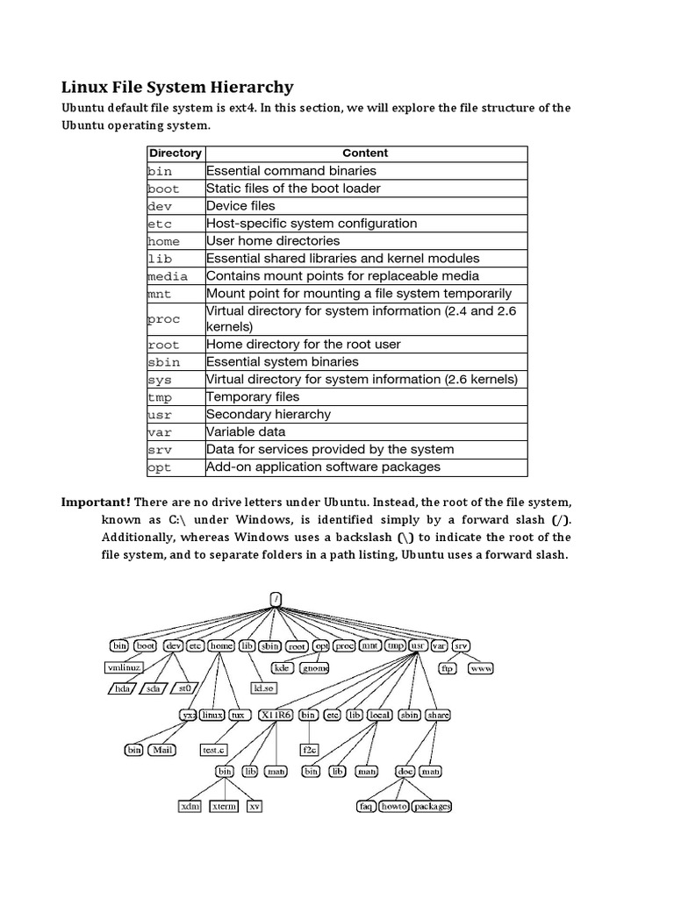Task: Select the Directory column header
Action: click(x=175, y=153)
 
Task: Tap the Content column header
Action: click(x=365, y=153)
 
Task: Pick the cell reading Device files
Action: click(x=240, y=205)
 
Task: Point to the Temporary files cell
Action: click(x=253, y=396)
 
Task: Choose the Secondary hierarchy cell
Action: click(x=269, y=414)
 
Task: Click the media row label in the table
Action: click(x=168, y=276)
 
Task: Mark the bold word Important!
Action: click(x=96, y=502)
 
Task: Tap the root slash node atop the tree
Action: click(x=276, y=600)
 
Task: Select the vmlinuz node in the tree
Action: click(x=123, y=667)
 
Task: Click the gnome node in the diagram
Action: click(x=314, y=667)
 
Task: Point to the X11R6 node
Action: click(x=276, y=715)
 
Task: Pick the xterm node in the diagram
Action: click(x=224, y=806)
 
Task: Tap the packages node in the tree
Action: click(x=432, y=806)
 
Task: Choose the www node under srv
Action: click(x=481, y=667)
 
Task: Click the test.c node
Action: click(x=214, y=750)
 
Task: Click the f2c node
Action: click(x=310, y=750)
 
